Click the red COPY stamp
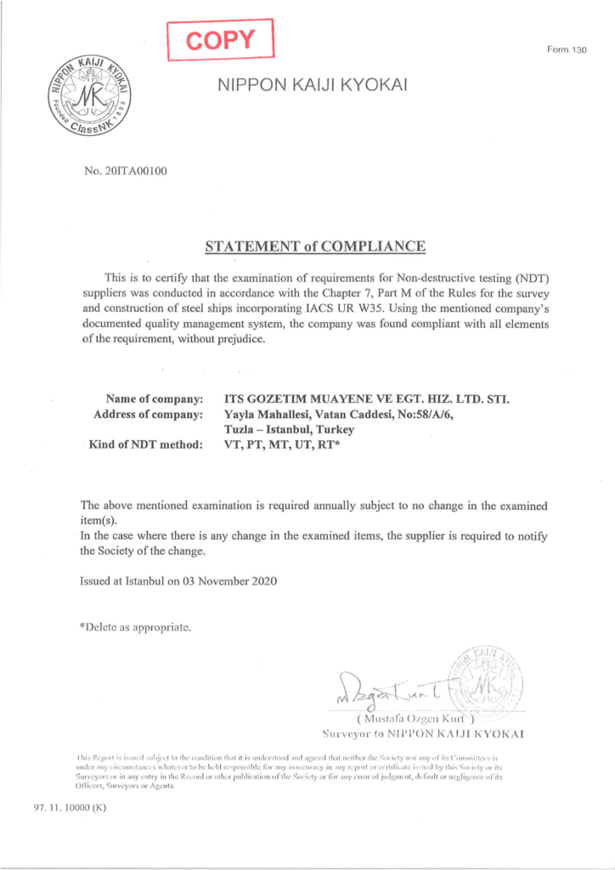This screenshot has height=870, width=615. point(221,38)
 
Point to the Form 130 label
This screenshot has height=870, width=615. point(567,49)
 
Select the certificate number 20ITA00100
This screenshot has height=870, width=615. point(126,171)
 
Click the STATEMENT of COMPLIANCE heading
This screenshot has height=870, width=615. point(315,247)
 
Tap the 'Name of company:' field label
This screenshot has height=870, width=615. point(154,398)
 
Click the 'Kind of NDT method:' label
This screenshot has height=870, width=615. point(145,444)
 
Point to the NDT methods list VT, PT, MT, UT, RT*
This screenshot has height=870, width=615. point(281,444)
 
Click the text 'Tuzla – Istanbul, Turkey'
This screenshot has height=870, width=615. point(289,429)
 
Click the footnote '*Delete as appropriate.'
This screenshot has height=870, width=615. point(135,628)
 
